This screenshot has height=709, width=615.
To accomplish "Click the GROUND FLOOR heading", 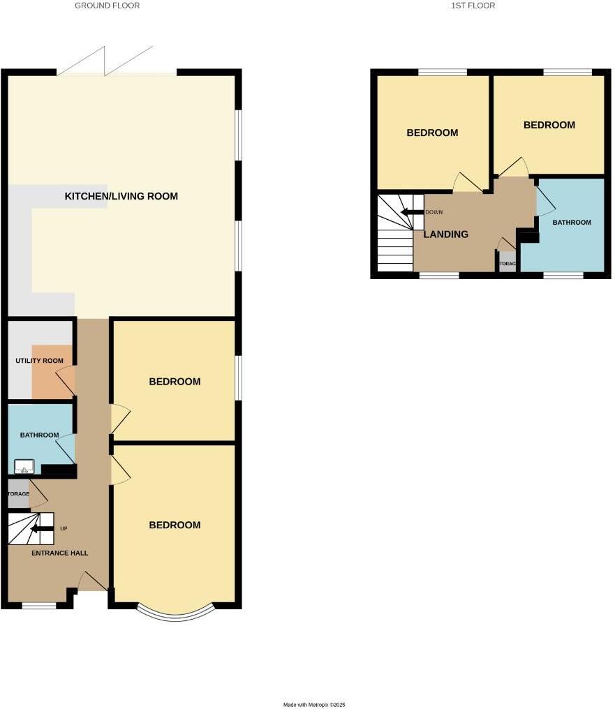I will click(107, 6).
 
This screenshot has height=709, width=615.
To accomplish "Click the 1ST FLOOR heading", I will click(473, 6).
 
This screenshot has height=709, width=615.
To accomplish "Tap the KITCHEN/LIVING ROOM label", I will click(121, 196).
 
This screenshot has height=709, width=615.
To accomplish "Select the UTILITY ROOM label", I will click(39, 361).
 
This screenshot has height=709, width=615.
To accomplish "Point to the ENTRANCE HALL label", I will click(59, 553).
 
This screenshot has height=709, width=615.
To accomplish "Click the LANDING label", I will click(446, 234).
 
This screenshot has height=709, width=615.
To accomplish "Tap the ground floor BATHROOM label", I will click(39, 435).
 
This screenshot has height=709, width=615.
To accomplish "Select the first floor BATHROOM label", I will click(572, 223).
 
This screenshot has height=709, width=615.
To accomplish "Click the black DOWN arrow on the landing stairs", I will click(412, 212).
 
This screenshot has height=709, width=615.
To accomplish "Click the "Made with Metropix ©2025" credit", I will click(314, 705).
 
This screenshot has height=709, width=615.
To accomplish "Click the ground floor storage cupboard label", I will click(19, 494).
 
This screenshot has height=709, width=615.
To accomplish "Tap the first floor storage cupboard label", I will click(507, 264).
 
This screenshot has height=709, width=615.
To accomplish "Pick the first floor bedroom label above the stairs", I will click(432, 133).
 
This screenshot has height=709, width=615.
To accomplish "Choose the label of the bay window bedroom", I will click(175, 525).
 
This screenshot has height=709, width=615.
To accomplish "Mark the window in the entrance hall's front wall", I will click(39, 605).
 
